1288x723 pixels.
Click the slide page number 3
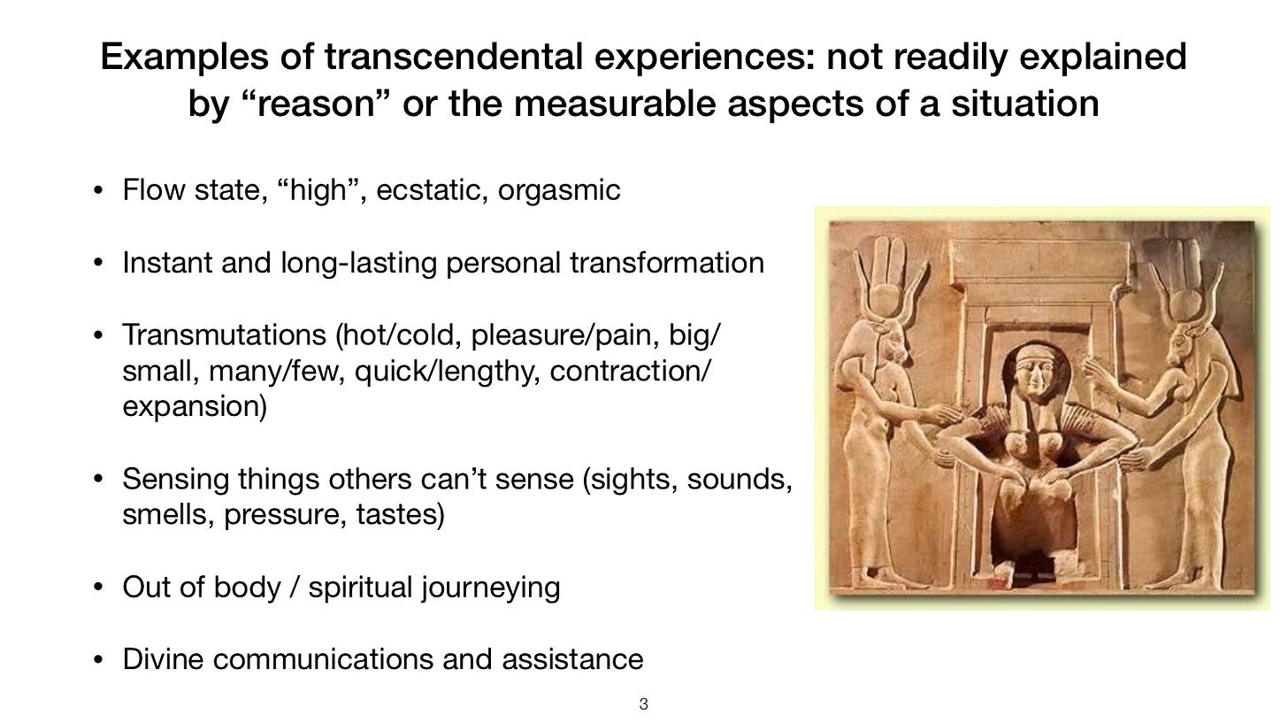tap(643, 704)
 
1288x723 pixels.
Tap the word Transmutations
tap(225, 336)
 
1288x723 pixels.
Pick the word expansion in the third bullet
tap(193, 408)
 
